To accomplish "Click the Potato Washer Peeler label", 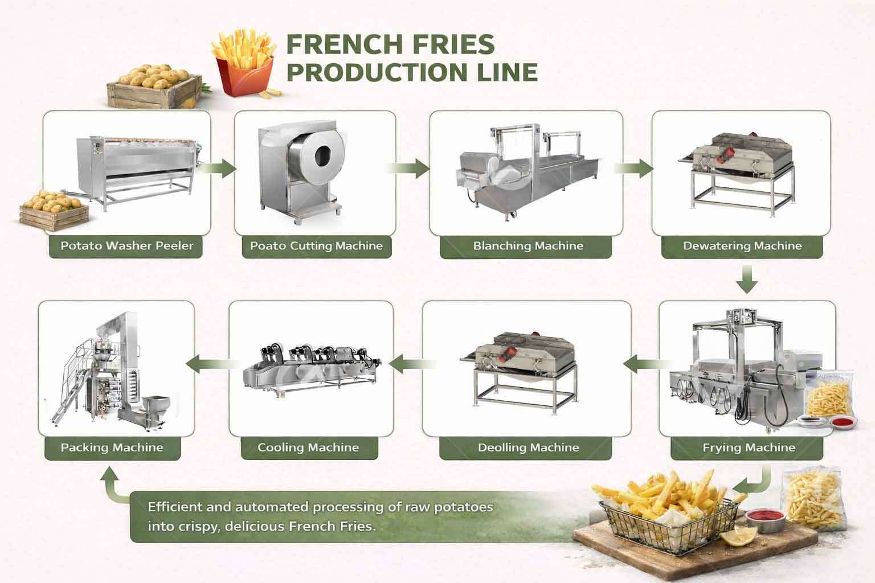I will (x=126, y=247).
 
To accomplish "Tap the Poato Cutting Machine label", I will (x=316, y=247).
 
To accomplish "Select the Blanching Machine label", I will (x=528, y=247).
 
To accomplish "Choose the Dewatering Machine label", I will (x=742, y=247).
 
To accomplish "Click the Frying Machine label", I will (x=748, y=447).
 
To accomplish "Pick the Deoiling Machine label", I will (x=528, y=447).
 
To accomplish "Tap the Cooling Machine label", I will (x=308, y=447).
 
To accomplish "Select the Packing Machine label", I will (x=112, y=447).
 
